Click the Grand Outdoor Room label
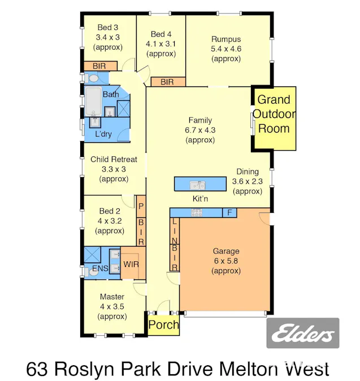click(274, 115)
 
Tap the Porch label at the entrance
click(164, 325)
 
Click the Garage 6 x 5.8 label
click(226, 261)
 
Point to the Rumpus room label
click(226, 49)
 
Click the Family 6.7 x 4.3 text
click(200, 130)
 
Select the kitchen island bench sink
click(197, 185)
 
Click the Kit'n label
click(202, 199)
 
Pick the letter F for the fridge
click(229, 213)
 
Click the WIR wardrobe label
click(131, 264)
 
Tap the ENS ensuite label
click(100, 268)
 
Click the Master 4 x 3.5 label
click(112, 306)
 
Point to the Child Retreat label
click(114, 169)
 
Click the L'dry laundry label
click(103, 134)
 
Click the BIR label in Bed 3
click(99, 66)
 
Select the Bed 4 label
click(161, 43)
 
